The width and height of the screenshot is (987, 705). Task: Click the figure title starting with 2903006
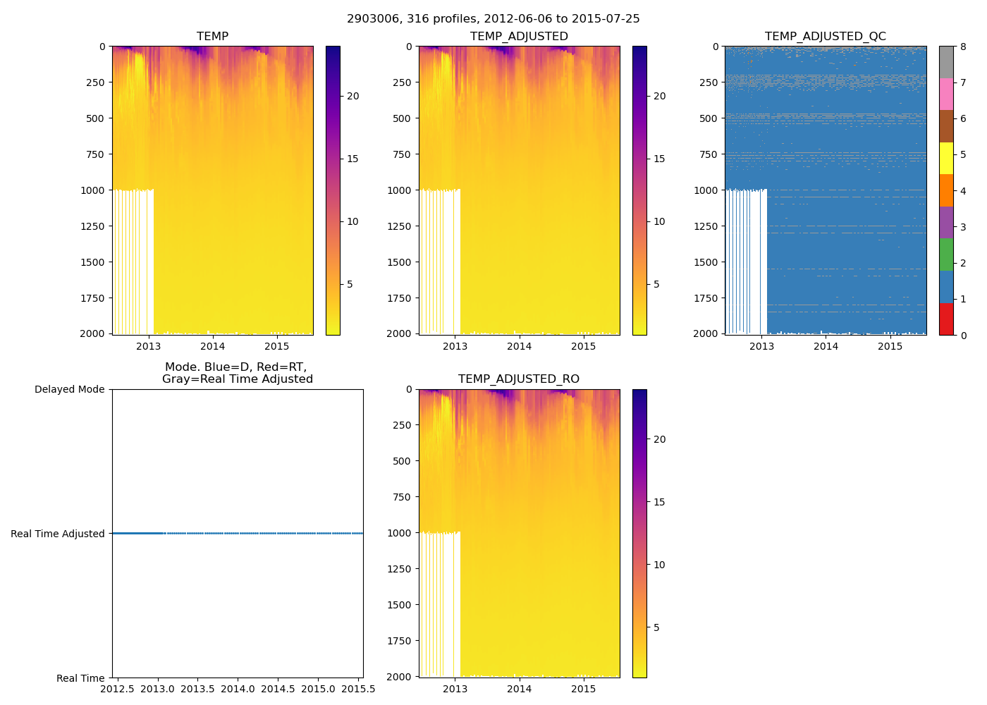[x=493, y=19]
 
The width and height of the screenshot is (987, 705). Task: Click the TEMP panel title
[x=212, y=37]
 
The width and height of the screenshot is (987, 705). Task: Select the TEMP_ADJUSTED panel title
[x=519, y=37]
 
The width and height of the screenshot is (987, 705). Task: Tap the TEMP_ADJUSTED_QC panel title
[x=825, y=37]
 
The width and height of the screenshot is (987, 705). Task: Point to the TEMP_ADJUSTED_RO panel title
[x=519, y=379]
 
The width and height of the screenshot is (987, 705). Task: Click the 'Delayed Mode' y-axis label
[x=69, y=389]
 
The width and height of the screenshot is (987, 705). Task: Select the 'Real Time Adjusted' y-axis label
[x=58, y=534]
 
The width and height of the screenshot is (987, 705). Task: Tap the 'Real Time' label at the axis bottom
[x=80, y=678]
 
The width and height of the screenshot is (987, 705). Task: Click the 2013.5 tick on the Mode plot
[x=197, y=689]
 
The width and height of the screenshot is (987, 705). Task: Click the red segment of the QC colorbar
[x=946, y=319]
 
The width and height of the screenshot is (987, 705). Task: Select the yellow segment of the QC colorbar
[x=946, y=159]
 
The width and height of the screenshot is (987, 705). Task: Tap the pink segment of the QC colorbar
[x=946, y=94]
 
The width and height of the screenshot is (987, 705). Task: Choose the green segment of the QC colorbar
[x=946, y=255]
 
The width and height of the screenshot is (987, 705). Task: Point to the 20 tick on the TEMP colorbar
[x=352, y=96]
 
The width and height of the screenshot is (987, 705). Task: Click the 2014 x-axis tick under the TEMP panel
[x=212, y=346]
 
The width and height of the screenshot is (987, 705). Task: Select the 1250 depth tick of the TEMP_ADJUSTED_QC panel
[x=706, y=226]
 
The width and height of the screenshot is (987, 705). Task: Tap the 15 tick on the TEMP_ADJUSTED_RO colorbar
[x=659, y=502]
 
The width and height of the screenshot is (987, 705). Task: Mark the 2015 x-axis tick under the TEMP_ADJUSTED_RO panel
[x=584, y=689]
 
